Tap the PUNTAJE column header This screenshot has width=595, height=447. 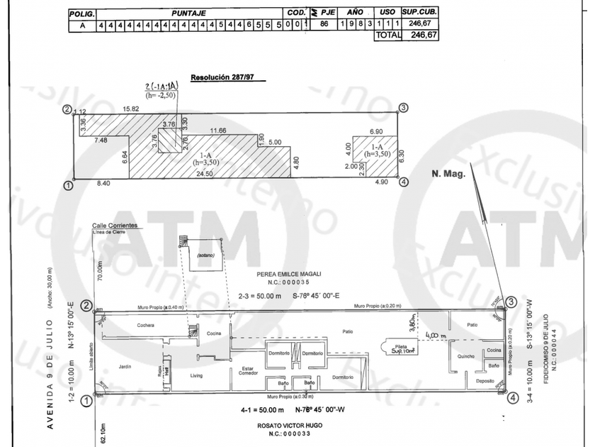(x=188, y=13)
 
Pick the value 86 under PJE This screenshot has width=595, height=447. (x=324, y=24)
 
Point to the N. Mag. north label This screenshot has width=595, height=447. (x=448, y=172)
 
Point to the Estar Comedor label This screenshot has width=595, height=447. (x=247, y=372)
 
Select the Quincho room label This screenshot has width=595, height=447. (x=465, y=356)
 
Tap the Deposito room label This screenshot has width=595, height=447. (x=485, y=381)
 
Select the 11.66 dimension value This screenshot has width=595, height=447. (x=217, y=131)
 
